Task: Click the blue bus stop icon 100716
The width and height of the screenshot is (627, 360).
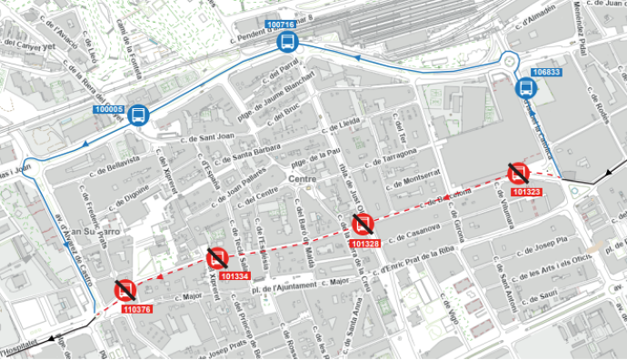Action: pos(286,42)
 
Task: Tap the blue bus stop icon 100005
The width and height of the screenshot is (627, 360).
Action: pos(138,115)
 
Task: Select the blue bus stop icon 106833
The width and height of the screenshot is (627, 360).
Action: pos(524,88)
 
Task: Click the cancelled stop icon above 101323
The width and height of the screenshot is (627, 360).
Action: pos(519,173)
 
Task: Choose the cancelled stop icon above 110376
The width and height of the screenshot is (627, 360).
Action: pos(124,290)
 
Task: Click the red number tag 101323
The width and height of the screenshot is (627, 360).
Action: pos(527,192)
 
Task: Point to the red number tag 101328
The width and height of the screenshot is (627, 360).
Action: pos(364,244)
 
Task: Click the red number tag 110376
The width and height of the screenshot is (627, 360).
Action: pos(135,309)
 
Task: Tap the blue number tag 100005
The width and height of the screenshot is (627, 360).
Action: pos(108,109)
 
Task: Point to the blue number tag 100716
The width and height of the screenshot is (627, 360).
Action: pos(282,25)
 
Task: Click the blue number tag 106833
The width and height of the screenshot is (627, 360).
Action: pos(547,72)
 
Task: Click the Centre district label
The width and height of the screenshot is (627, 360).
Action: pos(300,179)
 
